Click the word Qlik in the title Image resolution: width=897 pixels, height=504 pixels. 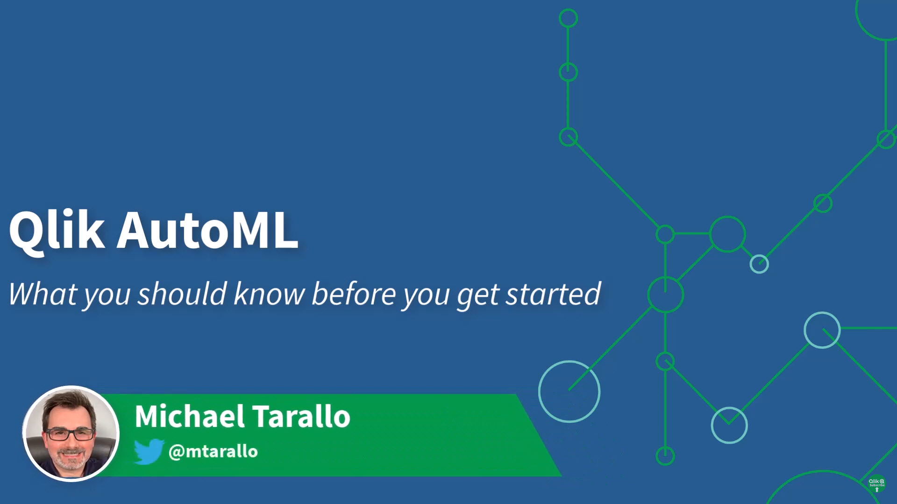pyautogui.click(x=57, y=231)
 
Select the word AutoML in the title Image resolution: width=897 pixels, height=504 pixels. pyautogui.click(x=207, y=230)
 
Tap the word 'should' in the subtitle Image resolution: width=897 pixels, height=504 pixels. pyautogui.click(x=182, y=294)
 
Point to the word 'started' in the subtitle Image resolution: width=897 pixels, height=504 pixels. pyautogui.click(x=553, y=294)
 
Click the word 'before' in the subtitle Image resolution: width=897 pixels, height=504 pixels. pyautogui.click(x=354, y=294)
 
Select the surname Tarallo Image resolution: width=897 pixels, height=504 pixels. pyautogui.click(x=302, y=416)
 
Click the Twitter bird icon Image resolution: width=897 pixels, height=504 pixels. pyautogui.click(x=149, y=451)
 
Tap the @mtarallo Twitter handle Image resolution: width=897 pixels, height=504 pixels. pyautogui.click(x=213, y=452)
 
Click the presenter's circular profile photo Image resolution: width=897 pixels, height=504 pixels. pyautogui.click(x=71, y=434)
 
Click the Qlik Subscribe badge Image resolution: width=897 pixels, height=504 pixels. pyautogui.click(x=876, y=484)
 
